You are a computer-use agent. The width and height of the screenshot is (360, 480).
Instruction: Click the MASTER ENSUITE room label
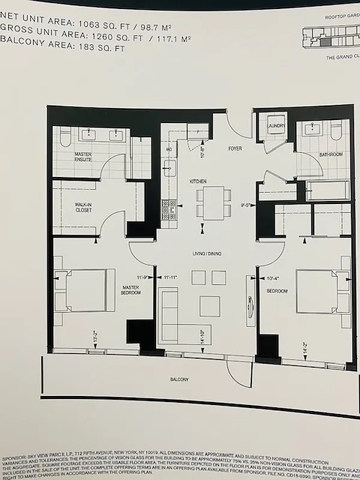click(83, 157)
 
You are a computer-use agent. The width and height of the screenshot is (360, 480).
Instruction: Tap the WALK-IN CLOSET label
click(83, 206)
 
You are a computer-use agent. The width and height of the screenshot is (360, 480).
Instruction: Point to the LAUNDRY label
click(277, 125)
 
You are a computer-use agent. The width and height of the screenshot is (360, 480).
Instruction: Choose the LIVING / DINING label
click(206, 254)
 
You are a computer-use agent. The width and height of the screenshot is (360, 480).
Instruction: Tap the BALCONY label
click(179, 379)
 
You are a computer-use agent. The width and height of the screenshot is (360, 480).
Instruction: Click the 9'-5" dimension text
click(246, 205)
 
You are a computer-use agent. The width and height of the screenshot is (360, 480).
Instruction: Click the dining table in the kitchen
click(212, 202)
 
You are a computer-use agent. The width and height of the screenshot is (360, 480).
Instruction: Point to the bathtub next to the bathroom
click(327, 191)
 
